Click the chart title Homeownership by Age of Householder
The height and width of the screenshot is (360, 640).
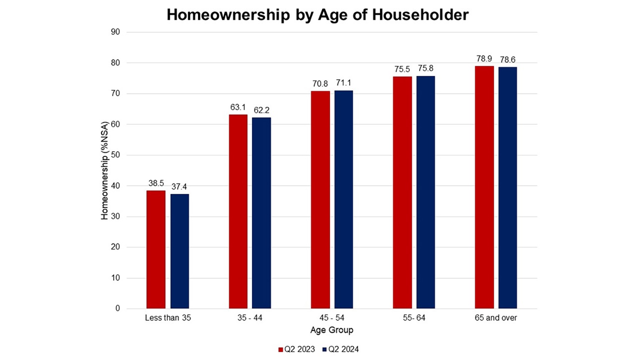point(318,15)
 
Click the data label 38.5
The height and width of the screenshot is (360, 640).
point(156,183)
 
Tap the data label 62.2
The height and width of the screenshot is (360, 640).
point(261,110)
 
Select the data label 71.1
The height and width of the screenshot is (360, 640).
point(343,83)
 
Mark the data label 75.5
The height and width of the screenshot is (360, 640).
point(402,69)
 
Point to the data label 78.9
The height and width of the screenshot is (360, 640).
point(484,59)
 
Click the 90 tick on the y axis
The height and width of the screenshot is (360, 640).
point(117,32)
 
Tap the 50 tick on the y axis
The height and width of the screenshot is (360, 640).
point(117,155)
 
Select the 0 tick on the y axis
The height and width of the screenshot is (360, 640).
point(118,308)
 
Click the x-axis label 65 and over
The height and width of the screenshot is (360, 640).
point(496,318)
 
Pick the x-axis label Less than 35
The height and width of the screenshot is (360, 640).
point(168,318)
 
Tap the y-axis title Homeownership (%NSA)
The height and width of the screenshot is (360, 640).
point(105,171)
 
